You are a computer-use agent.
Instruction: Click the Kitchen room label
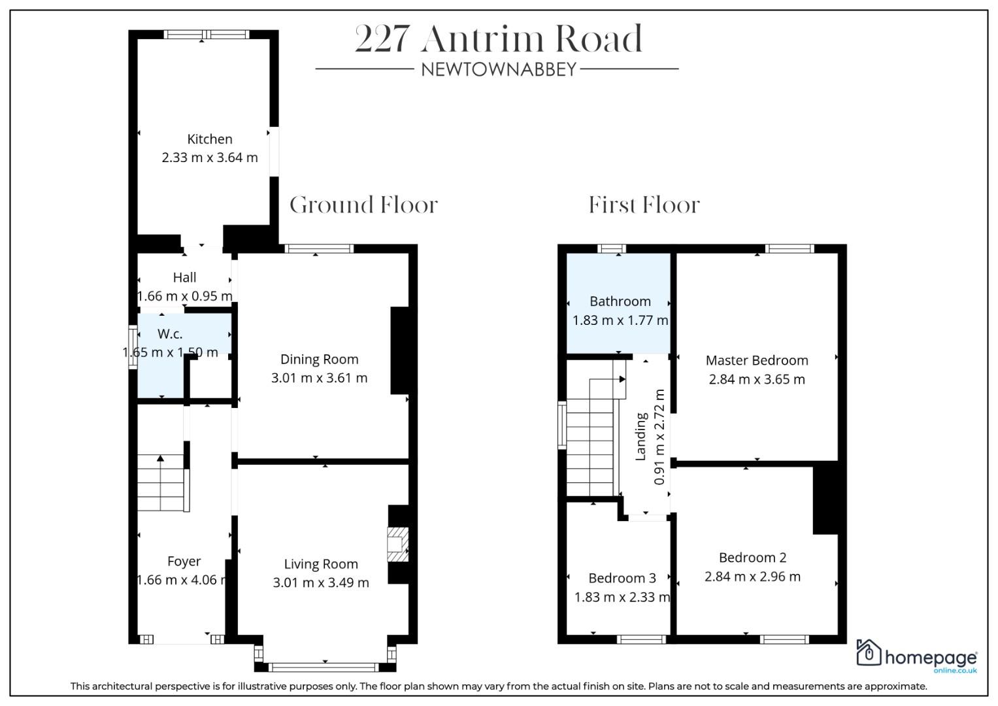[x=209, y=139]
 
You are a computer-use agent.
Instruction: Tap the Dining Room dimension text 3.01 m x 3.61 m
[x=320, y=378]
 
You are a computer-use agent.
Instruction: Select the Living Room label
[x=322, y=564]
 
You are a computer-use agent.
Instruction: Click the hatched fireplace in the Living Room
[x=397, y=544]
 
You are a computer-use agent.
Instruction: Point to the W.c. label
[x=170, y=334]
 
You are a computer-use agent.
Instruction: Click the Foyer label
[x=184, y=562]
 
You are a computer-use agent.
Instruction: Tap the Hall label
[x=184, y=278]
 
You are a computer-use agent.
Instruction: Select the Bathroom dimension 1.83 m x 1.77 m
[x=620, y=320]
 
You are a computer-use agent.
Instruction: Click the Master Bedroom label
[x=757, y=360]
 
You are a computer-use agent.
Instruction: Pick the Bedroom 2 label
[x=752, y=558]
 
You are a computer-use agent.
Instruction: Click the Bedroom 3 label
[x=622, y=578]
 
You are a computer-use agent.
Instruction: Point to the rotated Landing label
[x=640, y=437]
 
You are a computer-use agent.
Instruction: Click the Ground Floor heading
[x=363, y=205]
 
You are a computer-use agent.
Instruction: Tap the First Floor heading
[x=644, y=205]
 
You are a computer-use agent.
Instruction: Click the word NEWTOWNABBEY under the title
[x=499, y=69]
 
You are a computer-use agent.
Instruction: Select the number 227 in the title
[x=382, y=39]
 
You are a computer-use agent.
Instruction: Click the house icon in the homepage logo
[x=869, y=652]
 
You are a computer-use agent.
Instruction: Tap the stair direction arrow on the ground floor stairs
[x=160, y=458]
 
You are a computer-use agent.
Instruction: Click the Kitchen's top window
[x=207, y=34]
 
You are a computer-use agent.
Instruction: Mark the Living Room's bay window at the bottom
[x=325, y=667]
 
